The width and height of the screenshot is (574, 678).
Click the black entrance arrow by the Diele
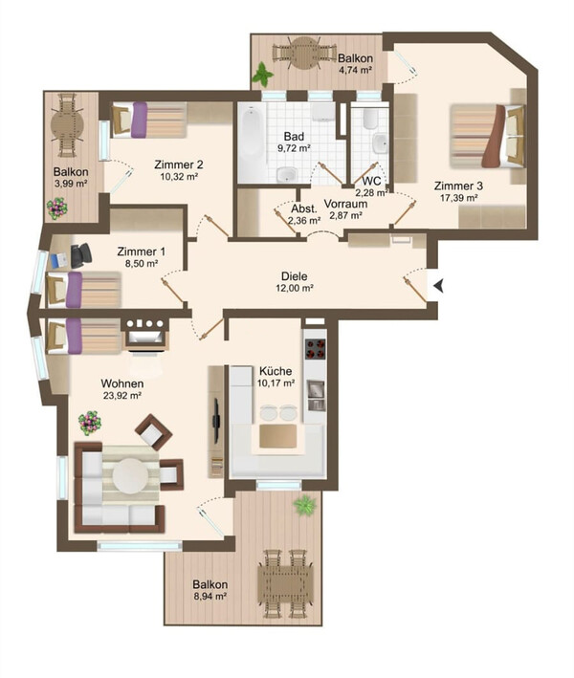click(438, 285)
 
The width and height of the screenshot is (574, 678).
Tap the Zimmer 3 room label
click(458, 186)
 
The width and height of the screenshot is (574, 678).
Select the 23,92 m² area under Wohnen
click(122, 395)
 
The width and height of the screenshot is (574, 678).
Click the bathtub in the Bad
click(252, 142)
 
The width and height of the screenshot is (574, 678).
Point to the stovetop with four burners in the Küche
click(316, 349)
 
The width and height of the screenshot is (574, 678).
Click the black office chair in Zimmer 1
click(80, 255)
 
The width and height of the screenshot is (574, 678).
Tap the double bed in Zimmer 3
click(488, 136)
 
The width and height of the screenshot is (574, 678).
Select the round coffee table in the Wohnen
click(130, 474)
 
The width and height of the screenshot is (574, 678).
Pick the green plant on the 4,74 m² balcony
click(263, 74)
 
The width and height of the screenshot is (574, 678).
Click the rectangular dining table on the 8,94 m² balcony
click(285, 583)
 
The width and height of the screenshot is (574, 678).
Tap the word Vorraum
click(345, 204)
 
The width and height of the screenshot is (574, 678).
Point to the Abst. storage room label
click(303, 208)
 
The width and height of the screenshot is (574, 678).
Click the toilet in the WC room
click(369, 120)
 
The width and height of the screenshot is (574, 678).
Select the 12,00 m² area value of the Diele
click(295, 288)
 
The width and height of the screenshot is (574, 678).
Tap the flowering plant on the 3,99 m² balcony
click(57, 208)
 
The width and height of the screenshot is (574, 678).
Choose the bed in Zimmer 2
click(149, 120)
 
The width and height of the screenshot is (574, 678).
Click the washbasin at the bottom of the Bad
click(287, 174)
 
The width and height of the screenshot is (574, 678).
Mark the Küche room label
click(276, 371)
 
